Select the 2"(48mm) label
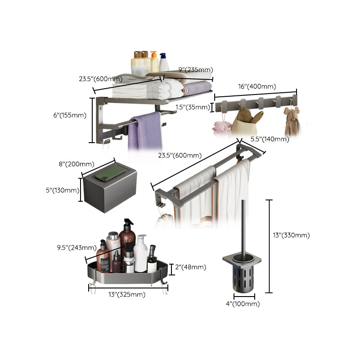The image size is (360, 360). [x=190, y=267]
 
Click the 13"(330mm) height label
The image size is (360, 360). [x=292, y=235]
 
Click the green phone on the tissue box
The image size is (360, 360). [x=111, y=172]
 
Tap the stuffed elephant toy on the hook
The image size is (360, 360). [x=292, y=122]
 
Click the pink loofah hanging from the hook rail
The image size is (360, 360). [x=221, y=127]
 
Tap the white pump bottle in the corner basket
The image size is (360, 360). [x=140, y=254]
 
